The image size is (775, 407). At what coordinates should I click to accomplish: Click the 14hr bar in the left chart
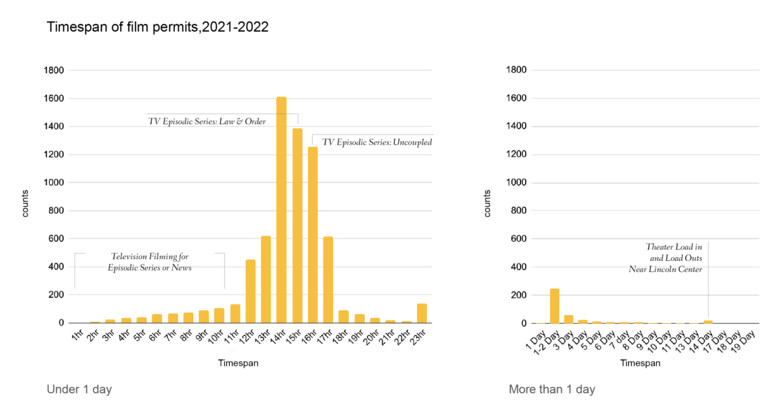[x=282, y=210]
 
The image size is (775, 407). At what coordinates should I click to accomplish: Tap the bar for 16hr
[x=313, y=235]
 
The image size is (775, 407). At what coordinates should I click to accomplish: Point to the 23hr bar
[x=422, y=313]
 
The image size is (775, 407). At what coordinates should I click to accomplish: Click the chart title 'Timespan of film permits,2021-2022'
[x=158, y=28]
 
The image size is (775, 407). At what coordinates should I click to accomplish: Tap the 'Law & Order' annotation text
[x=207, y=121]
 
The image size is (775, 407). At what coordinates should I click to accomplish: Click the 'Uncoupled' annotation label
[x=377, y=142]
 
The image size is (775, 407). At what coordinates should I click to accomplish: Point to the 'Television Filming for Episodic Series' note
[x=150, y=262]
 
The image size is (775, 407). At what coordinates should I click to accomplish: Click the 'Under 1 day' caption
[x=79, y=389]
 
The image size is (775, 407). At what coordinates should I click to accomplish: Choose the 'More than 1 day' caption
[x=552, y=389]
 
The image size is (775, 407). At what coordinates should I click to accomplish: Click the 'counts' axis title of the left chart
[x=26, y=203]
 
